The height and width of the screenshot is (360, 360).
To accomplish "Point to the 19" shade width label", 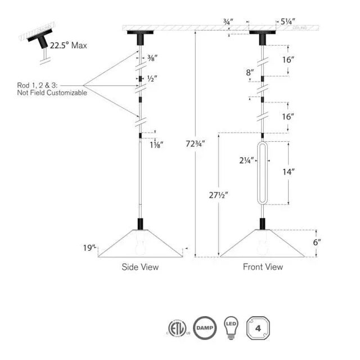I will pos(90,246).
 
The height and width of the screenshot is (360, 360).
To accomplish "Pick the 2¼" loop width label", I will pos(245,159).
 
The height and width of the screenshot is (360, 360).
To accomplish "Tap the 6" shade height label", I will pos(316,243).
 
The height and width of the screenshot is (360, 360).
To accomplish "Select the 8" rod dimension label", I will pos(250,72).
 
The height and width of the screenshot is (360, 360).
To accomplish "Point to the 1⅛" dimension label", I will pos(156,145).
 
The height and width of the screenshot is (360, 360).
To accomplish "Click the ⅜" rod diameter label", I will pos(152,57).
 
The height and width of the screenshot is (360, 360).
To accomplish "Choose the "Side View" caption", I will pos(140,267).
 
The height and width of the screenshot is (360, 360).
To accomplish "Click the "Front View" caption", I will pos(263,267).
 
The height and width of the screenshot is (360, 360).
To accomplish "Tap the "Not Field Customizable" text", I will pos(52,93).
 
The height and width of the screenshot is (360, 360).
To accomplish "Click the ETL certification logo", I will pos(176,328).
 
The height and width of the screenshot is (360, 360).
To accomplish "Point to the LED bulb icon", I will pos(231,328).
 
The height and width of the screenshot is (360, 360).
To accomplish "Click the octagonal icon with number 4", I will pos(259,328).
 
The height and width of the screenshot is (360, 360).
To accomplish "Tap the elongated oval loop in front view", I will pos(262,173).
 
